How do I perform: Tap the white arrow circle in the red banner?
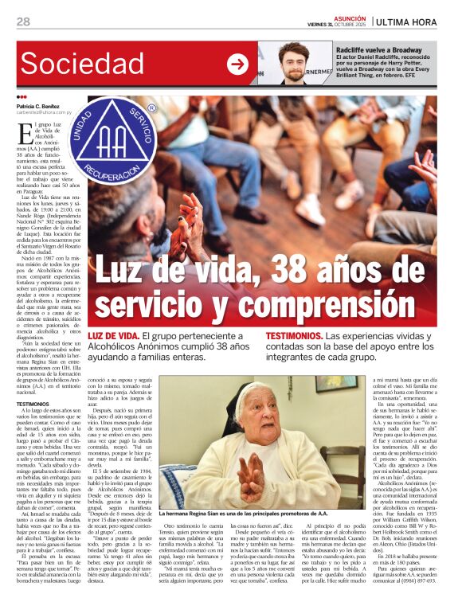[x=237, y=64]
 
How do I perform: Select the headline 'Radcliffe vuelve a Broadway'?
[x=379, y=49]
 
